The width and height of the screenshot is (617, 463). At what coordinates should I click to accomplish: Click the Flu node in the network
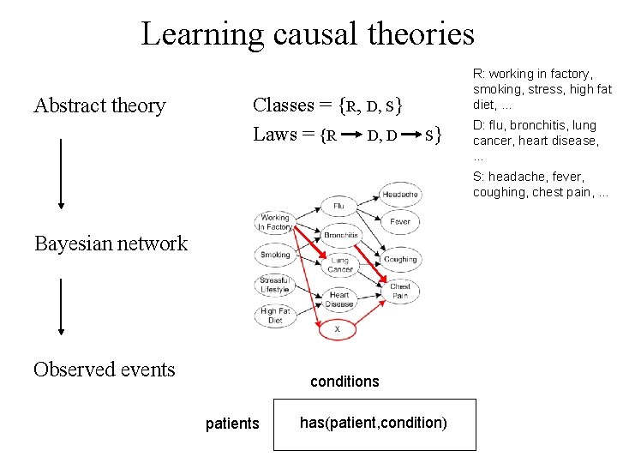(338, 207)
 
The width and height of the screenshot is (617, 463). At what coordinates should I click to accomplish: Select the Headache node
(400, 195)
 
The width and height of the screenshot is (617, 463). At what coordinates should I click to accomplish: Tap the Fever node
(400, 221)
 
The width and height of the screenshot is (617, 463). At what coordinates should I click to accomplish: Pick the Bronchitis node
(340, 235)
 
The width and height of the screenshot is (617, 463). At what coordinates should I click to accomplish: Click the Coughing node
(400, 259)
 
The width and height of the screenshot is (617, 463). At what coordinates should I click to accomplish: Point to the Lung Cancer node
(339, 265)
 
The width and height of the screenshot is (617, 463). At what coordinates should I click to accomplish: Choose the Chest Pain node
(400, 292)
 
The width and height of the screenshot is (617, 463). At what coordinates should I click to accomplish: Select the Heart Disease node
(339, 299)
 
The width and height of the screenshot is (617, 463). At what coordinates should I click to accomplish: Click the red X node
(337, 328)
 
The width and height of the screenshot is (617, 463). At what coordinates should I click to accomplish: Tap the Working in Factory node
(275, 223)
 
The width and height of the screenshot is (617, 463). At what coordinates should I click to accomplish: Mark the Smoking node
(275, 255)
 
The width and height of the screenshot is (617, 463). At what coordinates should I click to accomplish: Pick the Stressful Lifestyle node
(275, 284)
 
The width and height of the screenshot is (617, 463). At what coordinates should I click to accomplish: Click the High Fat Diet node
(275, 316)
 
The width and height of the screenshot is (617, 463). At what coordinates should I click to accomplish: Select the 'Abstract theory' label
(99, 105)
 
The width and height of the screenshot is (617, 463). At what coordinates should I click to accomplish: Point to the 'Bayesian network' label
(111, 244)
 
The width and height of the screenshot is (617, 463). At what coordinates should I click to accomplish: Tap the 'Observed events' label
(104, 370)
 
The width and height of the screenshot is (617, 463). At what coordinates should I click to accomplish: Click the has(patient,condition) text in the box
(374, 422)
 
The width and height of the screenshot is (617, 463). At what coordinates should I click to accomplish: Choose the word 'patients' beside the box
(232, 424)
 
